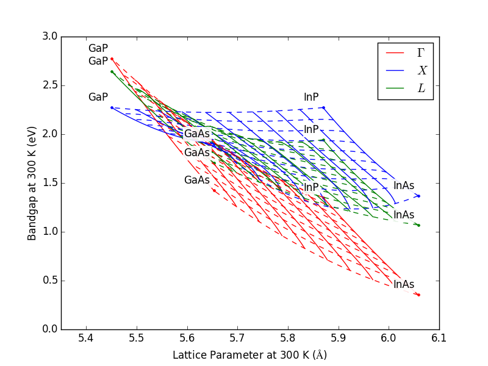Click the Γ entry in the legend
tap(420, 53)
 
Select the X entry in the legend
tap(420, 70)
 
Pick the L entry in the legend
tap(420, 88)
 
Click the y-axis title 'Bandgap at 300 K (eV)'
tap(32, 183)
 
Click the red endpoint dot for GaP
tap(112, 59)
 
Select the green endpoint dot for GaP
tap(112, 71)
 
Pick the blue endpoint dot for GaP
tap(112, 107)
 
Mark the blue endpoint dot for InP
tap(323, 107)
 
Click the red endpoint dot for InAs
tap(418, 295)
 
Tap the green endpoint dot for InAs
tap(418, 225)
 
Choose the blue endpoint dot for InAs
tap(418, 196)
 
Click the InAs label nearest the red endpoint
tap(403, 284)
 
